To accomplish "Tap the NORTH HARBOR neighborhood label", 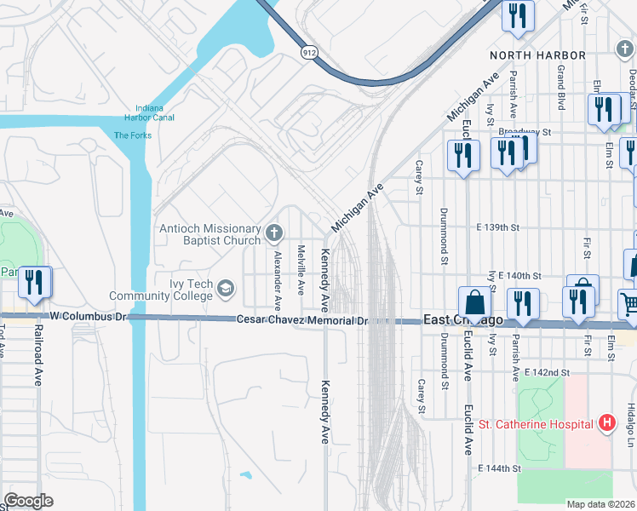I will pyautogui.click(x=537, y=55).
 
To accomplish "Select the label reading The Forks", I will pyautogui.click(x=132, y=135).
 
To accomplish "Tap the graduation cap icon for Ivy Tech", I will pyautogui.click(x=226, y=287).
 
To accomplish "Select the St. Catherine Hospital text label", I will pyautogui.click(x=535, y=423).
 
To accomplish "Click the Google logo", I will pyautogui.click(x=29, y=500).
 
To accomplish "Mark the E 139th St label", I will pyautogui.click(x=498, y=228).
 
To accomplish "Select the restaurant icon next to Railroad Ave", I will pyautogui.click(x=34, y=282).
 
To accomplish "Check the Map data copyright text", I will pyautogui.click(x=600, y=504).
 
